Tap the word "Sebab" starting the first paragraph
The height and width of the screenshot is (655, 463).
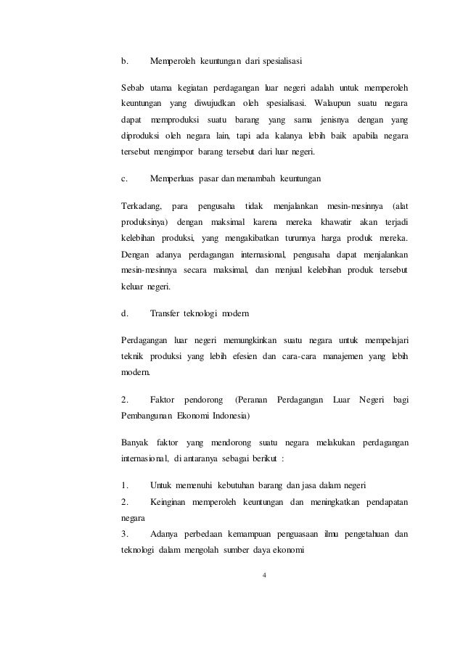point(135,88)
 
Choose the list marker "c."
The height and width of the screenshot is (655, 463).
point(124,178)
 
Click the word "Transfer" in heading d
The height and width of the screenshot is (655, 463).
point(166,313)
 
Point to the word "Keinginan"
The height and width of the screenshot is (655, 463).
point(171,503)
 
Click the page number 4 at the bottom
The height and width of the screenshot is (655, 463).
point(264,575)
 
